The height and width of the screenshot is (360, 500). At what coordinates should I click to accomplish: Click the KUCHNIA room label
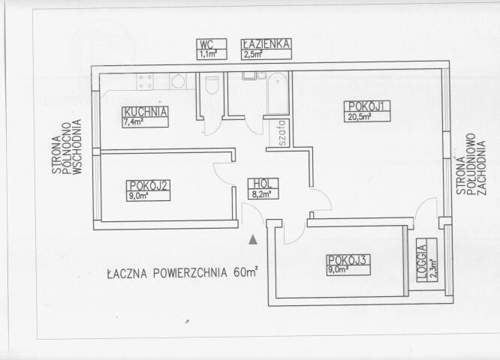pos(146,112)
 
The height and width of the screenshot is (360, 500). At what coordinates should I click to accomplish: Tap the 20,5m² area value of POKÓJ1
pos(360,116)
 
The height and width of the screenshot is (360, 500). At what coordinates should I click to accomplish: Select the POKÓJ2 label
pos(149,186)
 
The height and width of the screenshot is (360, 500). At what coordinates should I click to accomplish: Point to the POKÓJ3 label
pos(348,260)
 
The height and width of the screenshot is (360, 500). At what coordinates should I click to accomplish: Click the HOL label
pos(263,184)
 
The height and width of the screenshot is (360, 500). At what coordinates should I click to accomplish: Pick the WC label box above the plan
pos(212,49)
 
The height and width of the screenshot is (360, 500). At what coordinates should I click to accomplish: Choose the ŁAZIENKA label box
pos(267,49)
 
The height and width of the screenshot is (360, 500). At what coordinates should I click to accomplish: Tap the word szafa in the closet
pos(282,133)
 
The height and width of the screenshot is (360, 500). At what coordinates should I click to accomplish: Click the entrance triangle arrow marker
pos(253,239)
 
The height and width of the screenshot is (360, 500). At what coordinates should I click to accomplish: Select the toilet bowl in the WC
pos(212,85)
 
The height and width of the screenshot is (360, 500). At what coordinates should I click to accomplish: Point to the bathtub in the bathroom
pos(278,93)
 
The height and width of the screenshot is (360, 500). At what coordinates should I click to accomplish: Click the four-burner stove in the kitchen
pos(145,82)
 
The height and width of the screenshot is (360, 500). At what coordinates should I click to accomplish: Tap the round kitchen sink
pos(177,81)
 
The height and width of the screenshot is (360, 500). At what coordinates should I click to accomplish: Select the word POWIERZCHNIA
pos(190,273)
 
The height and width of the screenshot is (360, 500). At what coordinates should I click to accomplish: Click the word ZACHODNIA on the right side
pos(481,168)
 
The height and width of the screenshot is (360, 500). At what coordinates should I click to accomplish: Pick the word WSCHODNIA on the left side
pos(77,147)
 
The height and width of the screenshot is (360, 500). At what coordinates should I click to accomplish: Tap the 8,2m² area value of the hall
pos(261,194)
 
